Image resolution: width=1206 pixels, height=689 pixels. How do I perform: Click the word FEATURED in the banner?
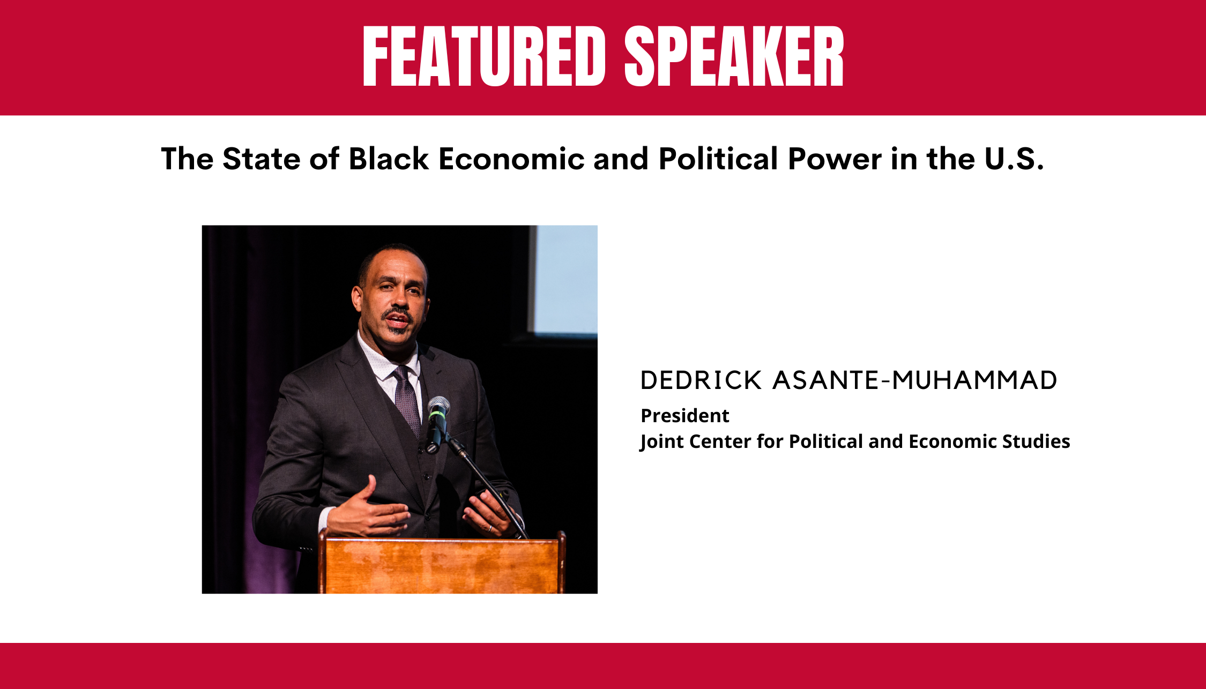(484, 56)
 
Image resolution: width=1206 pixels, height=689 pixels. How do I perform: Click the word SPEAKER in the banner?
(734, 56)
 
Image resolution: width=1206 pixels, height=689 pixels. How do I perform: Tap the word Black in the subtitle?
(389, 159)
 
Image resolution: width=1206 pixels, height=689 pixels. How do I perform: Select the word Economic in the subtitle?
(511, 159)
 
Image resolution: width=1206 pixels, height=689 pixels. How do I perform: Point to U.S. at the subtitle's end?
(1014, 159)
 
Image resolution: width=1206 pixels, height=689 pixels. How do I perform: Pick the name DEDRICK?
(701, 380)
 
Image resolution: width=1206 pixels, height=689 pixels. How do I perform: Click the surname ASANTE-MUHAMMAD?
(915, 380)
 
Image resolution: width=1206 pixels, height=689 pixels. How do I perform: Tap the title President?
(685, 415)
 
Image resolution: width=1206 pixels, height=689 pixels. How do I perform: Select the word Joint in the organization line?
(661, 441)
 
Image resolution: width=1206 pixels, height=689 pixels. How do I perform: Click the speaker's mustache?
(397, 313)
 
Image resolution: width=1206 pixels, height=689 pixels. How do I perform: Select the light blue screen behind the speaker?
(566, 279)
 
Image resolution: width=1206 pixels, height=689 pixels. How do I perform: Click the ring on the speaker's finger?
(490, 528)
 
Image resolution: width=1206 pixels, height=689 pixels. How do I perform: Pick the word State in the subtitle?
(262, 159)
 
